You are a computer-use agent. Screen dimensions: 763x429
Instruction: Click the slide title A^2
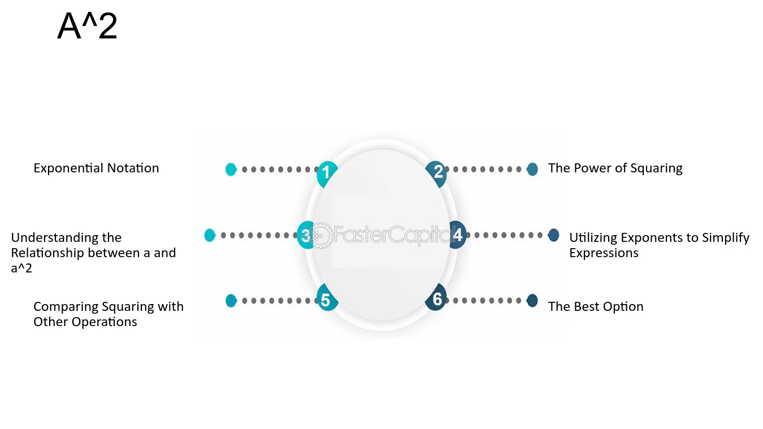(x=87, y=26)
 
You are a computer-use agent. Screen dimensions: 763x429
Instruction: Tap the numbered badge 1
(x=327, y=174)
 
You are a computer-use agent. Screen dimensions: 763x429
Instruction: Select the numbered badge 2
(x=436, y=174)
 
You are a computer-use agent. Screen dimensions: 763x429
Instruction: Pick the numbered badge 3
(x=305, y=235)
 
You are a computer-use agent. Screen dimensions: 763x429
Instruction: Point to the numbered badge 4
(x=458, y=235)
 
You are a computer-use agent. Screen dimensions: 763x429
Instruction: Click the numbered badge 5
(x=327, y=297)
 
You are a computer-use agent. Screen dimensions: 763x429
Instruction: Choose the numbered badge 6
(x=436, y=297)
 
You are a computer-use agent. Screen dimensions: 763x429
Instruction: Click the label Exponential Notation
(x=96, y=168)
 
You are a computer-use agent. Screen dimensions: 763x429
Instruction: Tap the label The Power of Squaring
(x=615, y=168)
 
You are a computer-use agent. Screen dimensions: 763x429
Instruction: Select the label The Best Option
(x=596, y=307)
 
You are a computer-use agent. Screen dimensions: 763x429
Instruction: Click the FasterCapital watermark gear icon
(x=321, y=235)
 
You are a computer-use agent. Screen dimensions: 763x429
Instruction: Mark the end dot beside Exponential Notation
(x=231, y=170)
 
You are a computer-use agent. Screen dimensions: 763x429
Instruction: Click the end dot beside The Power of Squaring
(x=532, y=169)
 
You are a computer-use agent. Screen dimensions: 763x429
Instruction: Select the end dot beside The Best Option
(x=532, y=301)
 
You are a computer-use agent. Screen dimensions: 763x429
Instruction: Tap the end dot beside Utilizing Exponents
(x=553, y=235)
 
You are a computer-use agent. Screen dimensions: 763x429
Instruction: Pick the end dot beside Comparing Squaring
(x=231, y=301)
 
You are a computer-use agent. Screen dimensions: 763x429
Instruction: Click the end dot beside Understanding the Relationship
(x=210, y=235)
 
